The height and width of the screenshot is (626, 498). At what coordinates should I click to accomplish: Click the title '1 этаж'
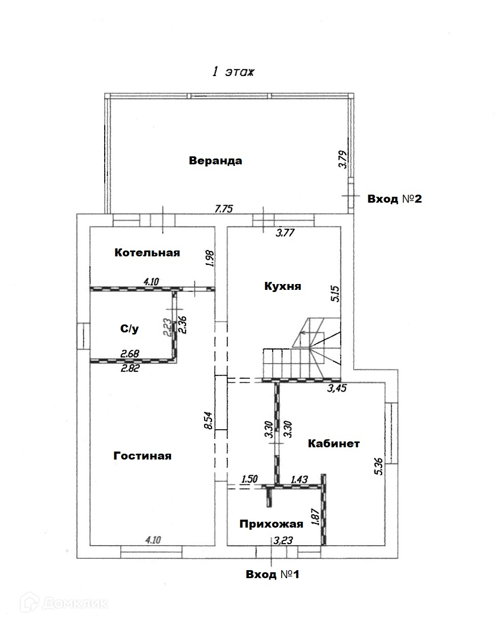pos(233,73)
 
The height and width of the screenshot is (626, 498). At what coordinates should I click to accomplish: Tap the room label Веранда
pos(215,161)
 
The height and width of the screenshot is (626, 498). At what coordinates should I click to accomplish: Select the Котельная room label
pos(147,253)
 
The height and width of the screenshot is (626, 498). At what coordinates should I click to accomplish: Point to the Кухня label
pos(283,286)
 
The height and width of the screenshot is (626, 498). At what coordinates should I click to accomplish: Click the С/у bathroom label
pos(129,329)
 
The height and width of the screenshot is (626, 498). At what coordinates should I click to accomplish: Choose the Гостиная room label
pos(142,456)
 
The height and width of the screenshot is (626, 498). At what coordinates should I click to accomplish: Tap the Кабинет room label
pos(334,444)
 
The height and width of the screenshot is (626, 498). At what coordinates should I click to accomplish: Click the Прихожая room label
pos(271,524)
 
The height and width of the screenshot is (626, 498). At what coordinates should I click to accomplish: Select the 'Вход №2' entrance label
pos(394,199)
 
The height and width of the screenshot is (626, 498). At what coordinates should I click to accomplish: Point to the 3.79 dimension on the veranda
pos(343,160)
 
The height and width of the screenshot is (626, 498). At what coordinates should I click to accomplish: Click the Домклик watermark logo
pos(64,603)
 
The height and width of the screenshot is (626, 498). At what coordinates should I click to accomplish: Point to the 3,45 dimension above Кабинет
pos(338,388)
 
